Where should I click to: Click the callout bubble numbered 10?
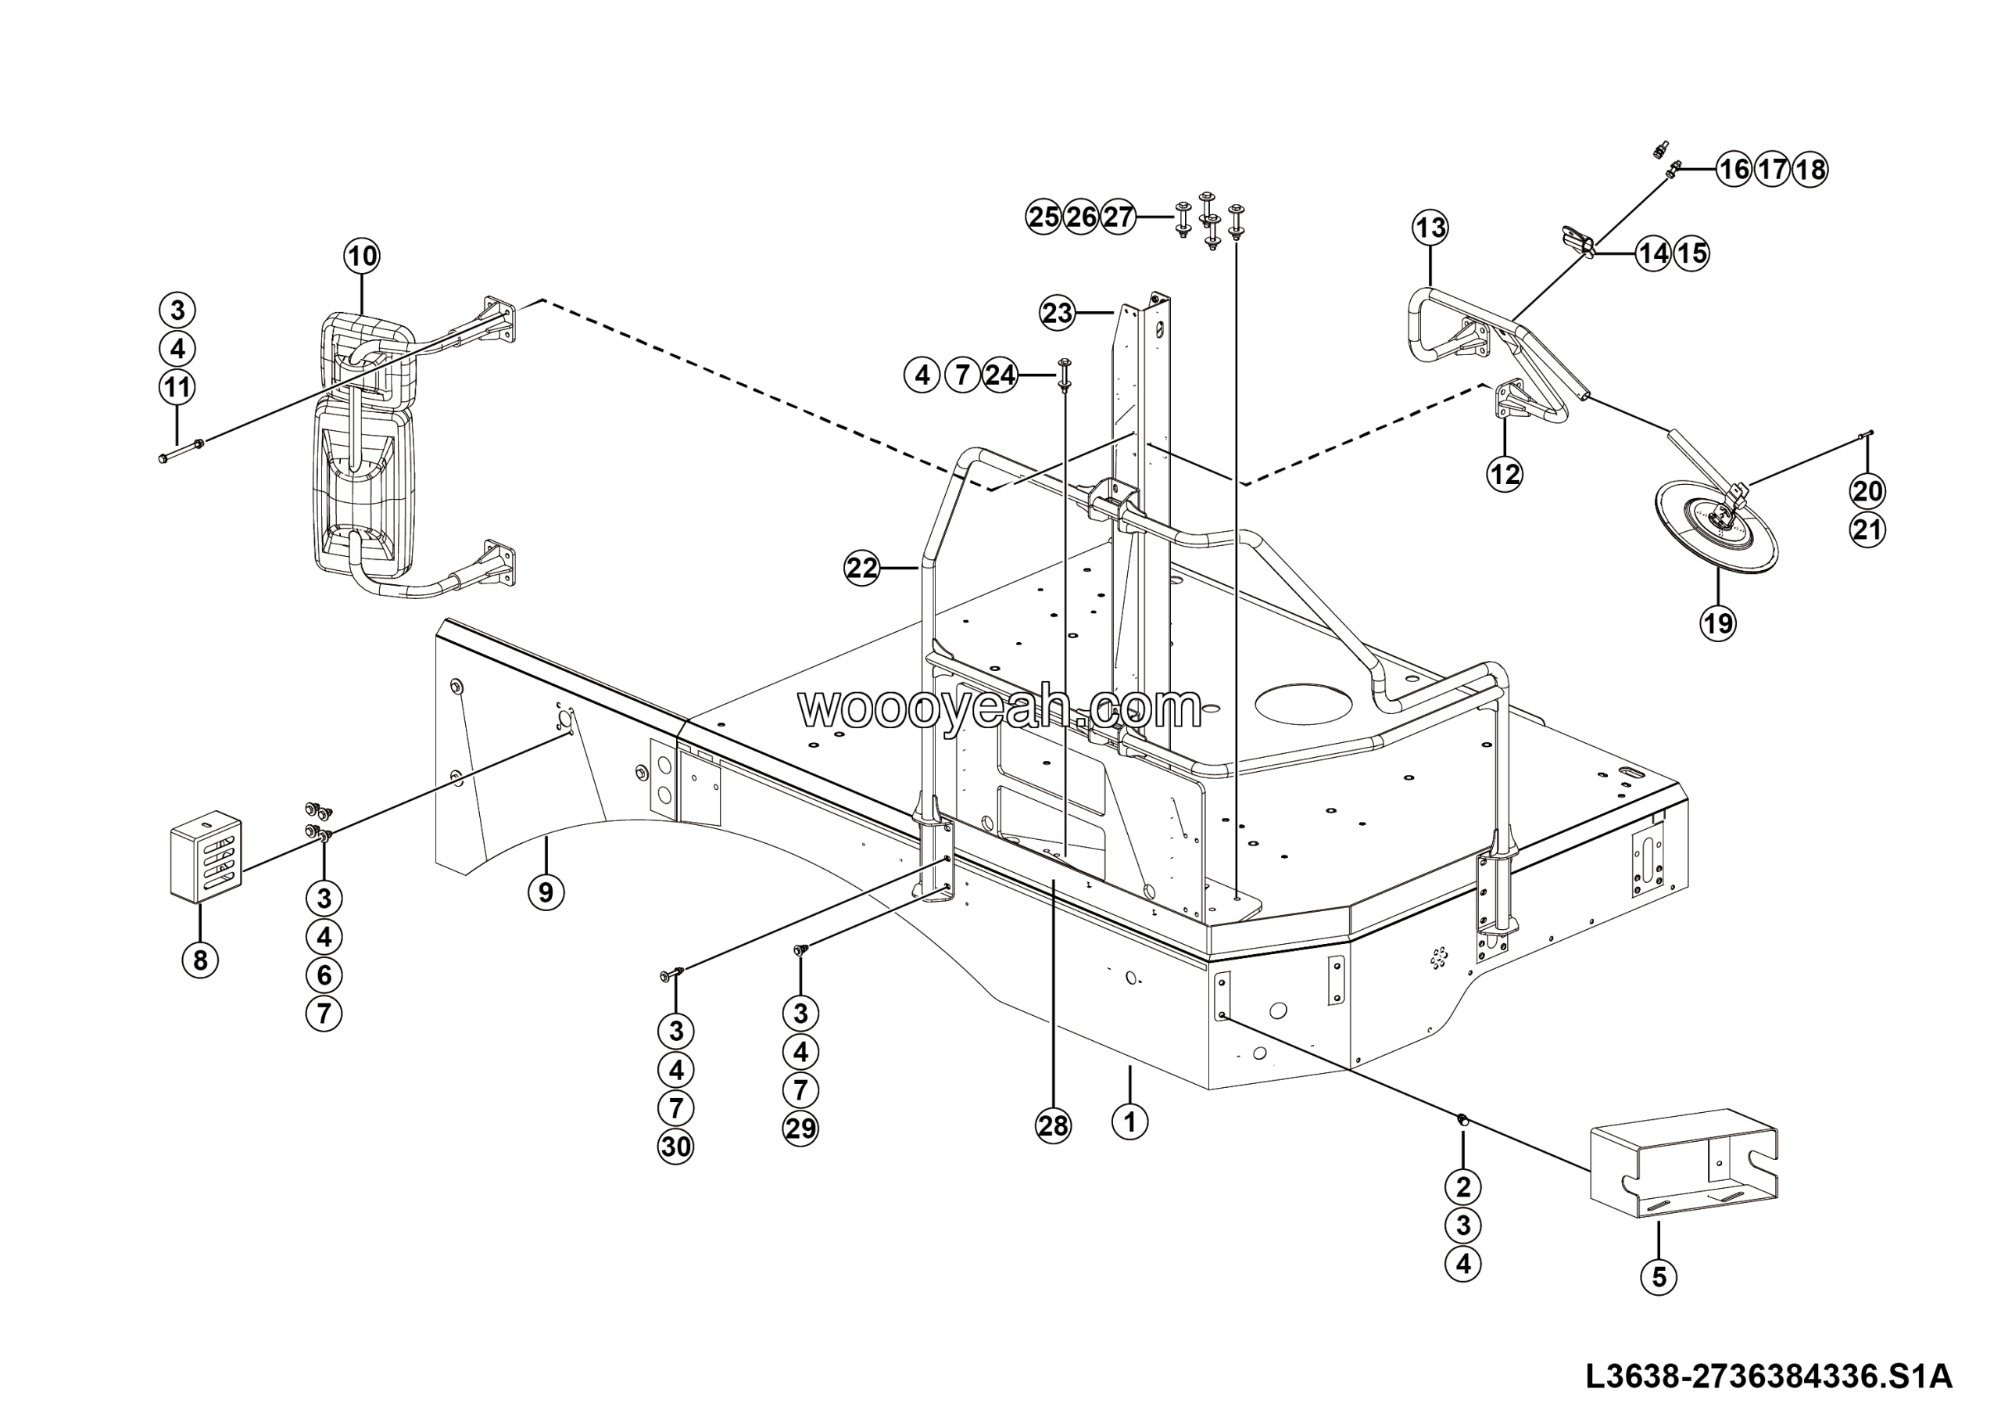point(363,257)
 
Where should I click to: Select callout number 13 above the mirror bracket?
point(1430,228)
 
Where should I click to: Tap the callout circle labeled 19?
point(1718,623)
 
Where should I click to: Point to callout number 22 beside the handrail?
point(862,569)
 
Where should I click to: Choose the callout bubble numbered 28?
point(1053,1126)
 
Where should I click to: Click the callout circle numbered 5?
point(1659,1277)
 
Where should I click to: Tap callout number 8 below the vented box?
point(200,960)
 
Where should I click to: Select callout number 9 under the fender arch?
point(546,892)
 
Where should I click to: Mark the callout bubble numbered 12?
point(1504,474)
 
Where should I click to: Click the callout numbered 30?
point(676,1147)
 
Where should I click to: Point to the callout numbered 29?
point(801,1129)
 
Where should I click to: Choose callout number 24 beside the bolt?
point(1000,375)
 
